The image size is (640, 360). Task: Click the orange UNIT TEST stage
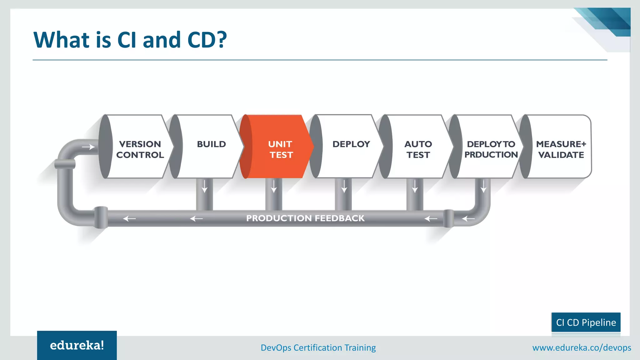click(278, 147)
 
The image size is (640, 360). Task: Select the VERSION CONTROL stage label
click(140, 149)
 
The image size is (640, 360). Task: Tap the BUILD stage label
click(211, 144)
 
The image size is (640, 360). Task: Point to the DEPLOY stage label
click(351, 144)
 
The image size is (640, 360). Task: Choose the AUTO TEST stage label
click(418, 149)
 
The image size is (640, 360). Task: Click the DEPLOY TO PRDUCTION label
click(491, 149)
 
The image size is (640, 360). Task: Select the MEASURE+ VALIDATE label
click(561, 149)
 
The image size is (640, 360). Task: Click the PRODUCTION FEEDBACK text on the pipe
click(305, 218)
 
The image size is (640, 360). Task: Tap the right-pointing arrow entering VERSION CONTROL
click(88, 147)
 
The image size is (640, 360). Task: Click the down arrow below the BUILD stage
click(204, 186)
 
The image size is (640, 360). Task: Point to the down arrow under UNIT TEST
click(274, 186)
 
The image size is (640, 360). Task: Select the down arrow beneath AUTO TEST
click(415, 186)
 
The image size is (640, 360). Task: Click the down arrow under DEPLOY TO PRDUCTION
click(483, 186)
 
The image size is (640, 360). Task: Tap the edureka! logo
click(77, 345)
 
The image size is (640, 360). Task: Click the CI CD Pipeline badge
click(586, 322)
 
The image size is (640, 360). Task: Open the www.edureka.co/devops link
click(582, 347)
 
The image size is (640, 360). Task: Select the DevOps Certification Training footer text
click(318, 347)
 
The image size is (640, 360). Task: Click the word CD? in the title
click(207, 40)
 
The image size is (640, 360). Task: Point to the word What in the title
click(62, 40)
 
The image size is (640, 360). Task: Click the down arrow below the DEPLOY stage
click(344, 186)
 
